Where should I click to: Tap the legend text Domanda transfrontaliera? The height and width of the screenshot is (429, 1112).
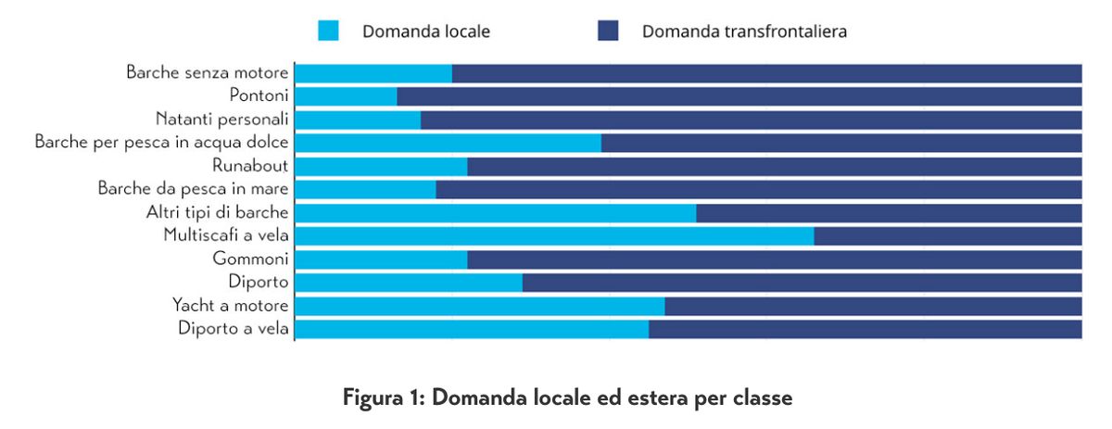744,32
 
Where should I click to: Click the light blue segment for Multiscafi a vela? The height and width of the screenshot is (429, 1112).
554,235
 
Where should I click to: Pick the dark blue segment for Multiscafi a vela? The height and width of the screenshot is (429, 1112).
947,235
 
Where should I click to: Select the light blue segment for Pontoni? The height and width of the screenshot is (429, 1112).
346,95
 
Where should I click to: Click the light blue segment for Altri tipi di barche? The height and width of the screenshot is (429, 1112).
495,212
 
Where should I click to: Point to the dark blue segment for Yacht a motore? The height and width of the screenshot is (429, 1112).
873,306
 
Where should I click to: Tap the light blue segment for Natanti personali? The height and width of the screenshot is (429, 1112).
358,120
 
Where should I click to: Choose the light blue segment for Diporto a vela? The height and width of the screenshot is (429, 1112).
472,329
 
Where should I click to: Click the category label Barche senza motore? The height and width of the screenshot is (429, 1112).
208,72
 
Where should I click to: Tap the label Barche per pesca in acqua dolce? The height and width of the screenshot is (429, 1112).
162,142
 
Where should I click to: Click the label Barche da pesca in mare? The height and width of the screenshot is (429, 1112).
194,189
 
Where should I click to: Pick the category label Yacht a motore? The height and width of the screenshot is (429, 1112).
231,306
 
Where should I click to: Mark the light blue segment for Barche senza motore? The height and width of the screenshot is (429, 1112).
373,73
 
